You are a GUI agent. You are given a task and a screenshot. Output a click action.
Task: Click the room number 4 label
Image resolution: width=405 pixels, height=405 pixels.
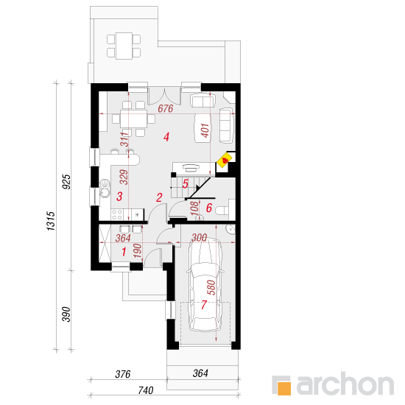(166, 137)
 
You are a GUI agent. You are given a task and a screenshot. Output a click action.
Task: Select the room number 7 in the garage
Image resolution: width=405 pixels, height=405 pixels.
(204, 305)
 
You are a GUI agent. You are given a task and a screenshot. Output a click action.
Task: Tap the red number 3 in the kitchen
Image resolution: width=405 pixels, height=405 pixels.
(119, 197)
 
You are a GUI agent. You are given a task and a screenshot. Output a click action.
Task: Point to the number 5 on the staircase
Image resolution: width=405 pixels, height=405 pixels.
(185, 183)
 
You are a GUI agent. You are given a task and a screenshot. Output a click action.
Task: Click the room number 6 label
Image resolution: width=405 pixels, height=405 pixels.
(208, 208)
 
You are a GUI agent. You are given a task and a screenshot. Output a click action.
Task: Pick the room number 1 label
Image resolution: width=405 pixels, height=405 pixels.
(124, 252)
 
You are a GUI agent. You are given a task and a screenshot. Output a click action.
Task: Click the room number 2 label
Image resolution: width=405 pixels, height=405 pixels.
(159, 197)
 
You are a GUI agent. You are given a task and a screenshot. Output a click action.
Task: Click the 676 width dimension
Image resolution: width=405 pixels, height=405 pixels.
(165, 108)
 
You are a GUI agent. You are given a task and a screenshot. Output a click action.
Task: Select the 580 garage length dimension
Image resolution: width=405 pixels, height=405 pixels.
(211, 287)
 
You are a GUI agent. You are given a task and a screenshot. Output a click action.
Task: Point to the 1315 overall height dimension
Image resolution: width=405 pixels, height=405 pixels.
(51, 221)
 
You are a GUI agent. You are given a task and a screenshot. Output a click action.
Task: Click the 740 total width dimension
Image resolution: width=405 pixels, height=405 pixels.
(146, 390)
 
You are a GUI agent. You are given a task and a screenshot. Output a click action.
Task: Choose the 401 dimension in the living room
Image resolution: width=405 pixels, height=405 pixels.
(205, 130)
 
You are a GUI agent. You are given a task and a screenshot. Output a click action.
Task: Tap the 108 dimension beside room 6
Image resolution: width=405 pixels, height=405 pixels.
(194, 208)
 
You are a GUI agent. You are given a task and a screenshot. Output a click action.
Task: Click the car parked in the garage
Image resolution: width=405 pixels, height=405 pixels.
(205, 284)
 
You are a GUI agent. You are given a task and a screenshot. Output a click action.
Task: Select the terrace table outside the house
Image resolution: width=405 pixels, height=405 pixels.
(124, 46)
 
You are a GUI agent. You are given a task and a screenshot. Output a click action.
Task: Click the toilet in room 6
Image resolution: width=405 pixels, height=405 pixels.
(222, 211)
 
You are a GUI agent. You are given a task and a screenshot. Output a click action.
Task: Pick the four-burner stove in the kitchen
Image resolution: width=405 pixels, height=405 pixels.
(117, 214)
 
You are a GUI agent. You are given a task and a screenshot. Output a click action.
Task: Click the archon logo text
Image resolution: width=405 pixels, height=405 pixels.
(345, 384)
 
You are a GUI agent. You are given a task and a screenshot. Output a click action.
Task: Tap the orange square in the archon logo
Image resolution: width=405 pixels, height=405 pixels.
(283, 388)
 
